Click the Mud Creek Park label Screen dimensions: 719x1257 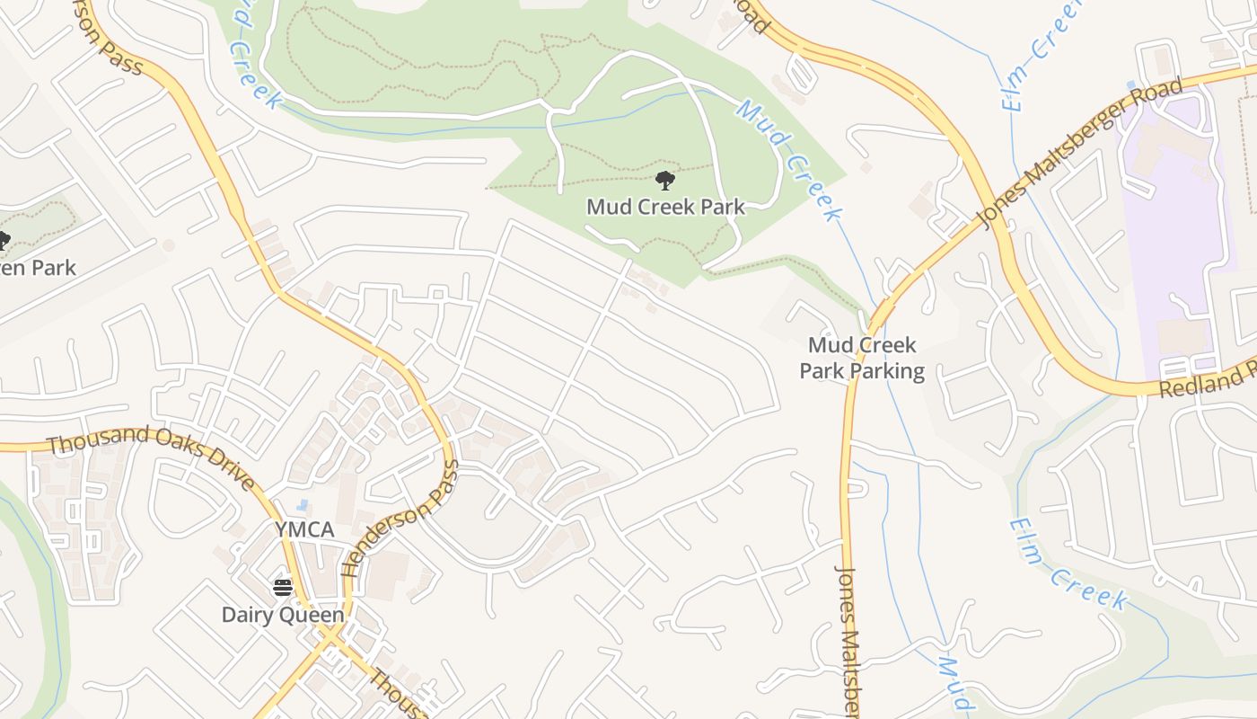665,207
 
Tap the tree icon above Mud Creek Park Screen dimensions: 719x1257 665,181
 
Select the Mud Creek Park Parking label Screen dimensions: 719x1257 861,358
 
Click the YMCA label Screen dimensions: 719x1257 304,529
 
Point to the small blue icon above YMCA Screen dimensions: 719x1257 303,507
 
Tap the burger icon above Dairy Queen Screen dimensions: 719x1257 283,588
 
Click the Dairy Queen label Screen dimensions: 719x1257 283,615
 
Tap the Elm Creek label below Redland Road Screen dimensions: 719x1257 1068,564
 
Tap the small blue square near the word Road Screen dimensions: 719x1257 1130,86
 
